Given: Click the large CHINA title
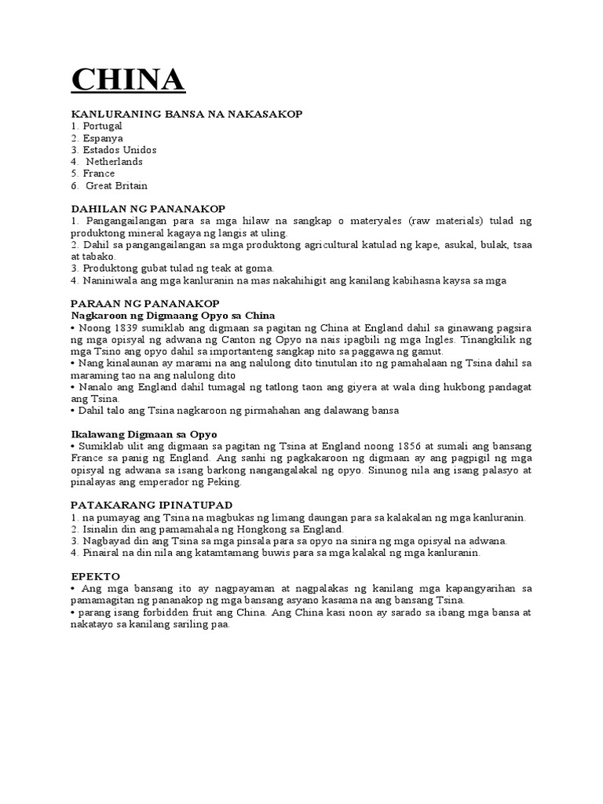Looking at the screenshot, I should click(128, 80).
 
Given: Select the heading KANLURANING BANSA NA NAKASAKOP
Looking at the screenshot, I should click(186, 115).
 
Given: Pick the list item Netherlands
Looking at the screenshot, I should click(114, 162).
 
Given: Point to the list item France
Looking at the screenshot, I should click(99, 174).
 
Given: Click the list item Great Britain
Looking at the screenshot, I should click(116, 186).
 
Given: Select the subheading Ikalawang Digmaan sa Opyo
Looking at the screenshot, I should click(144, 434).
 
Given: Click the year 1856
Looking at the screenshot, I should click(407, 446).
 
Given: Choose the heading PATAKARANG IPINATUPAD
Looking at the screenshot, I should click(152, 504).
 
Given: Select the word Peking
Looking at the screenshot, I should click(226, 482).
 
